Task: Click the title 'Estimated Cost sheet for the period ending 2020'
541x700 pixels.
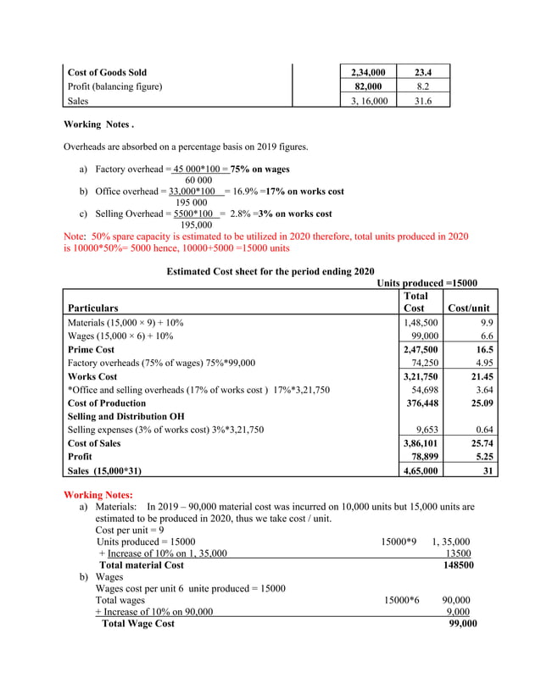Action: (x=270, y=271)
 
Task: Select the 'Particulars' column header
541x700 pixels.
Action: (x=92, y=308)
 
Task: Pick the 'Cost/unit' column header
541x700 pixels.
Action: (x=468, y=308)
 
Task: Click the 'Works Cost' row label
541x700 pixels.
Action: (x=92, y=376)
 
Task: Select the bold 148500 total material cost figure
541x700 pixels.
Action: (x=457, y=565)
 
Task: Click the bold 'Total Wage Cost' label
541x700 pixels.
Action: (x=138, y=624)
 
